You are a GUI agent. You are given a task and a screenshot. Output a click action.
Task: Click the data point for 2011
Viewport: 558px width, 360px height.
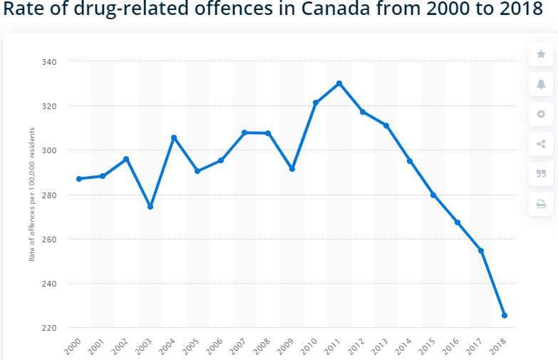coord(339,83)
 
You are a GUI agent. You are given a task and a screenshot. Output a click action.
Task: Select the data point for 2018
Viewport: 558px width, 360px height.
coord(505,315)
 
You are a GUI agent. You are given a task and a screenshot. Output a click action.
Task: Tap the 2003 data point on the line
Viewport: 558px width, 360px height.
coord(150,207)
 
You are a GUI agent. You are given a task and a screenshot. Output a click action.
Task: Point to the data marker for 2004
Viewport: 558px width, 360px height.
coord(174,138)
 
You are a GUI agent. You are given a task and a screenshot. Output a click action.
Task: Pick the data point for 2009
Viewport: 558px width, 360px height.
coord(292,169)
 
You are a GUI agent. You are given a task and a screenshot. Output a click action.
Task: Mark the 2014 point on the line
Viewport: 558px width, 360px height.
coord(410,161)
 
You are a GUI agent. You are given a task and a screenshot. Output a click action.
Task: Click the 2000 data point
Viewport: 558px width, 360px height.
coord(79,179)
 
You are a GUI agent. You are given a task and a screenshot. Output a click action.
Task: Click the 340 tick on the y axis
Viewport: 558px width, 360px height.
coord(49,62)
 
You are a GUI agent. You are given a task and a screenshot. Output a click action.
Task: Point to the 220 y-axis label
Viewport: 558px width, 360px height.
coord(49,328)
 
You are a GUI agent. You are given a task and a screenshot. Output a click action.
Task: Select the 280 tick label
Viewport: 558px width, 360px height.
coord(49,195)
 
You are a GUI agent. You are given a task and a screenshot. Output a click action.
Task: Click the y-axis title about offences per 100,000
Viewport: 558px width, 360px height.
coord(32,195)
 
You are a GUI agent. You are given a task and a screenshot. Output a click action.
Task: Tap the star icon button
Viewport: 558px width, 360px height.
coord(541,54)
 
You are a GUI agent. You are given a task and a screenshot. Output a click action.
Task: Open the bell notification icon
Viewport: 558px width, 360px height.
coord(541,84)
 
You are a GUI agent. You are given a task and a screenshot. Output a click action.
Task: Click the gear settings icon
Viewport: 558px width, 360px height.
coord(541,114)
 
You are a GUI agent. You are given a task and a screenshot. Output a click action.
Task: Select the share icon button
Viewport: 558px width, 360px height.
coord(541,144)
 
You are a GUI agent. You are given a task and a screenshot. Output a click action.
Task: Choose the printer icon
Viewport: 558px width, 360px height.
coord(541,204)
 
